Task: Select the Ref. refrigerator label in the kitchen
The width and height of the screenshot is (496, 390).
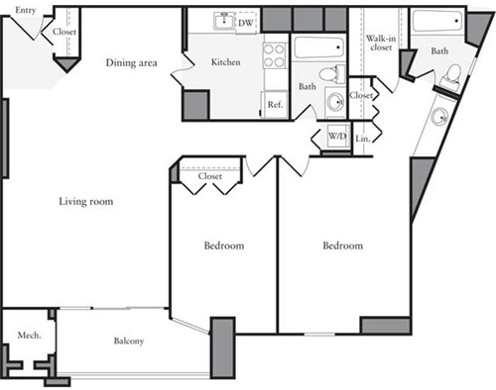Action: pyautogui.click(x=274, y=103)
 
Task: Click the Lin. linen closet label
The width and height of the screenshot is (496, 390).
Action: pyautogui.click(x=363, y=139)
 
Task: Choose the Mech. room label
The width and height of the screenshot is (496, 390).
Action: pyautogui.click(x=28, y=336)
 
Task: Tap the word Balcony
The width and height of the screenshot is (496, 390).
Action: pyautogui.click(x=128, y=341)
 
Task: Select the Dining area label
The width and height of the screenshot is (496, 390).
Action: pyautogui.click(x=132, y=62)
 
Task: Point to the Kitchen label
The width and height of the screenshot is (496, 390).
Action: pyautogui.click(x=226, y=62)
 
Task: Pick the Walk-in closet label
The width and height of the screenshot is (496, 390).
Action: pyautogui.click(x=380, y=38)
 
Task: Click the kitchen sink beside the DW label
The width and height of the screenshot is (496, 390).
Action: pyautogui.click(x=225, y=21)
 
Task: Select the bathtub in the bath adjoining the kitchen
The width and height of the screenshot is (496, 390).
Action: pyautogui.click(x=317, y=48)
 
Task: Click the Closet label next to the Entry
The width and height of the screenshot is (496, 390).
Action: pyautogui.click(x=65, y=31)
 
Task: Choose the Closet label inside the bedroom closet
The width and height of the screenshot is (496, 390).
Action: pyautogui.click(x=209, y=176)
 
